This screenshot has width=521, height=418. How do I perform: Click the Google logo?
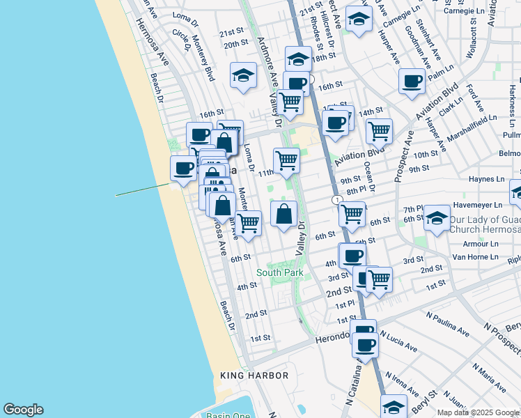(23, 410)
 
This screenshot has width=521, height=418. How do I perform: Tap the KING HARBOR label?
(254, 376)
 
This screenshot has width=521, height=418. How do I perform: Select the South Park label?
(279, 272)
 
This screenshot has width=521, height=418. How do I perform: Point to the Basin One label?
(228, 416)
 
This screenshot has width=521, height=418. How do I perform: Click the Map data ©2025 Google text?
(478, 412)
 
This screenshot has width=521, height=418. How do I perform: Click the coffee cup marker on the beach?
(184, 168)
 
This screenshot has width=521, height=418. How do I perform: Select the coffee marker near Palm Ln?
(412, 81)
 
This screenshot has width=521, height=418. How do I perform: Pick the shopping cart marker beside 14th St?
(379, 130)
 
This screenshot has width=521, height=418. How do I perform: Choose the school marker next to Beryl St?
(394, 405)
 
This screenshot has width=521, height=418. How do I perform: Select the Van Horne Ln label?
(476, 256)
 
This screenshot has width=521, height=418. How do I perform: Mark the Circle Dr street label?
(181, 40)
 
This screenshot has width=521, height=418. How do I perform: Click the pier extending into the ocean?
(143, 189)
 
